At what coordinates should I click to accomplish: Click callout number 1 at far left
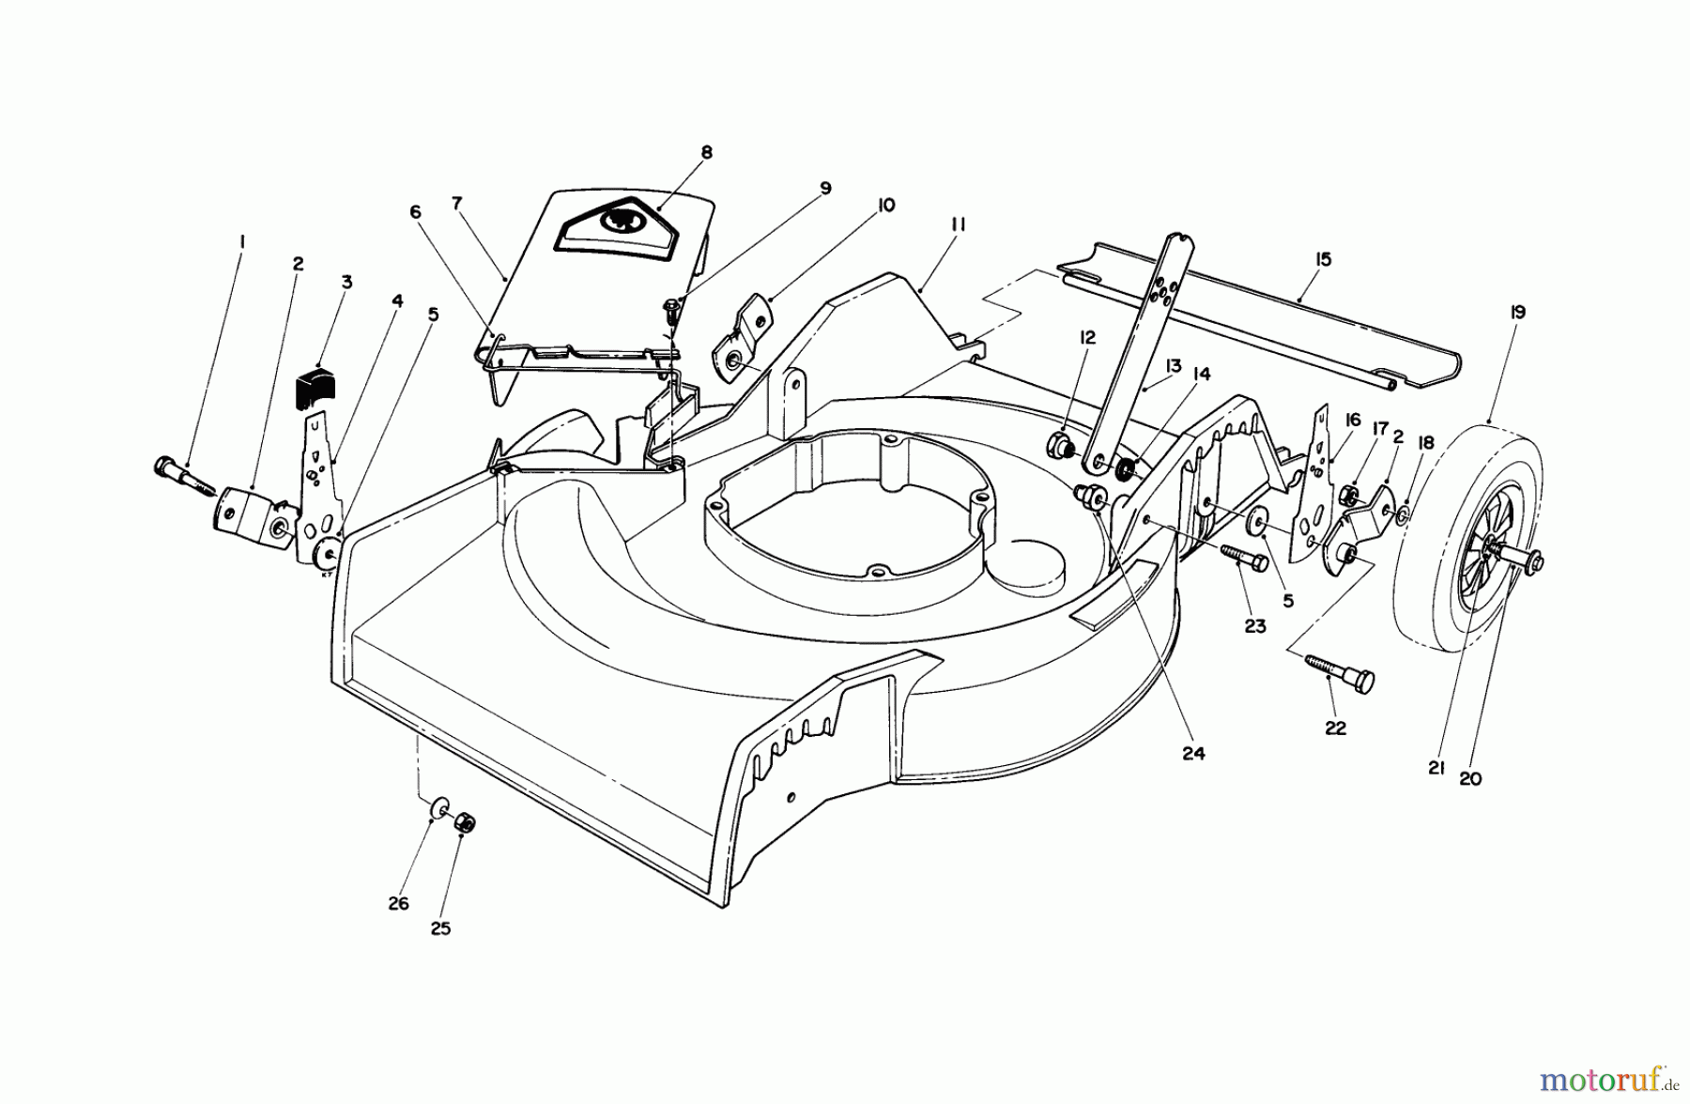pyautogui.click(x=242, y=241)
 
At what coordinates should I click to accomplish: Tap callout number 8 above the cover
pyautogui.click(x=706, y=152)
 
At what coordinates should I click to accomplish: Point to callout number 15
pyautogui.click(x=1323, y=259)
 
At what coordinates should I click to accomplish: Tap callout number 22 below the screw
pyautogui.click(x=1335, y=728)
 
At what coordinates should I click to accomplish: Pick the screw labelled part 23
pyautogui.click(x=1245, y=558)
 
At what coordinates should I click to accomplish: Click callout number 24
pyautogui.click(x=1193, y=753)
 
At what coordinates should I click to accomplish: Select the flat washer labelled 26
pyautogui.click(x=438, y=808)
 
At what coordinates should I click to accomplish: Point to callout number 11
pyautogui.click(x=958, y=225)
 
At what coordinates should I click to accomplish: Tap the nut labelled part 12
pyautogui.click(x=1060, y=445)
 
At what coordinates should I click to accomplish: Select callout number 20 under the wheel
pyautogui.click(x=1470, y=778)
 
